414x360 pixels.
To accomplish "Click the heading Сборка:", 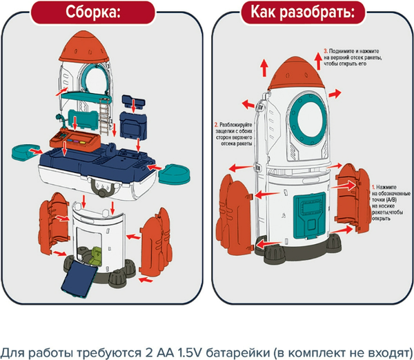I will click(102, 12).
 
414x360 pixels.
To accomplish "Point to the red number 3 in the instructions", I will click(326, 51).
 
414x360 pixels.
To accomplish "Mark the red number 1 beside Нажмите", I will click(373, 187).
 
